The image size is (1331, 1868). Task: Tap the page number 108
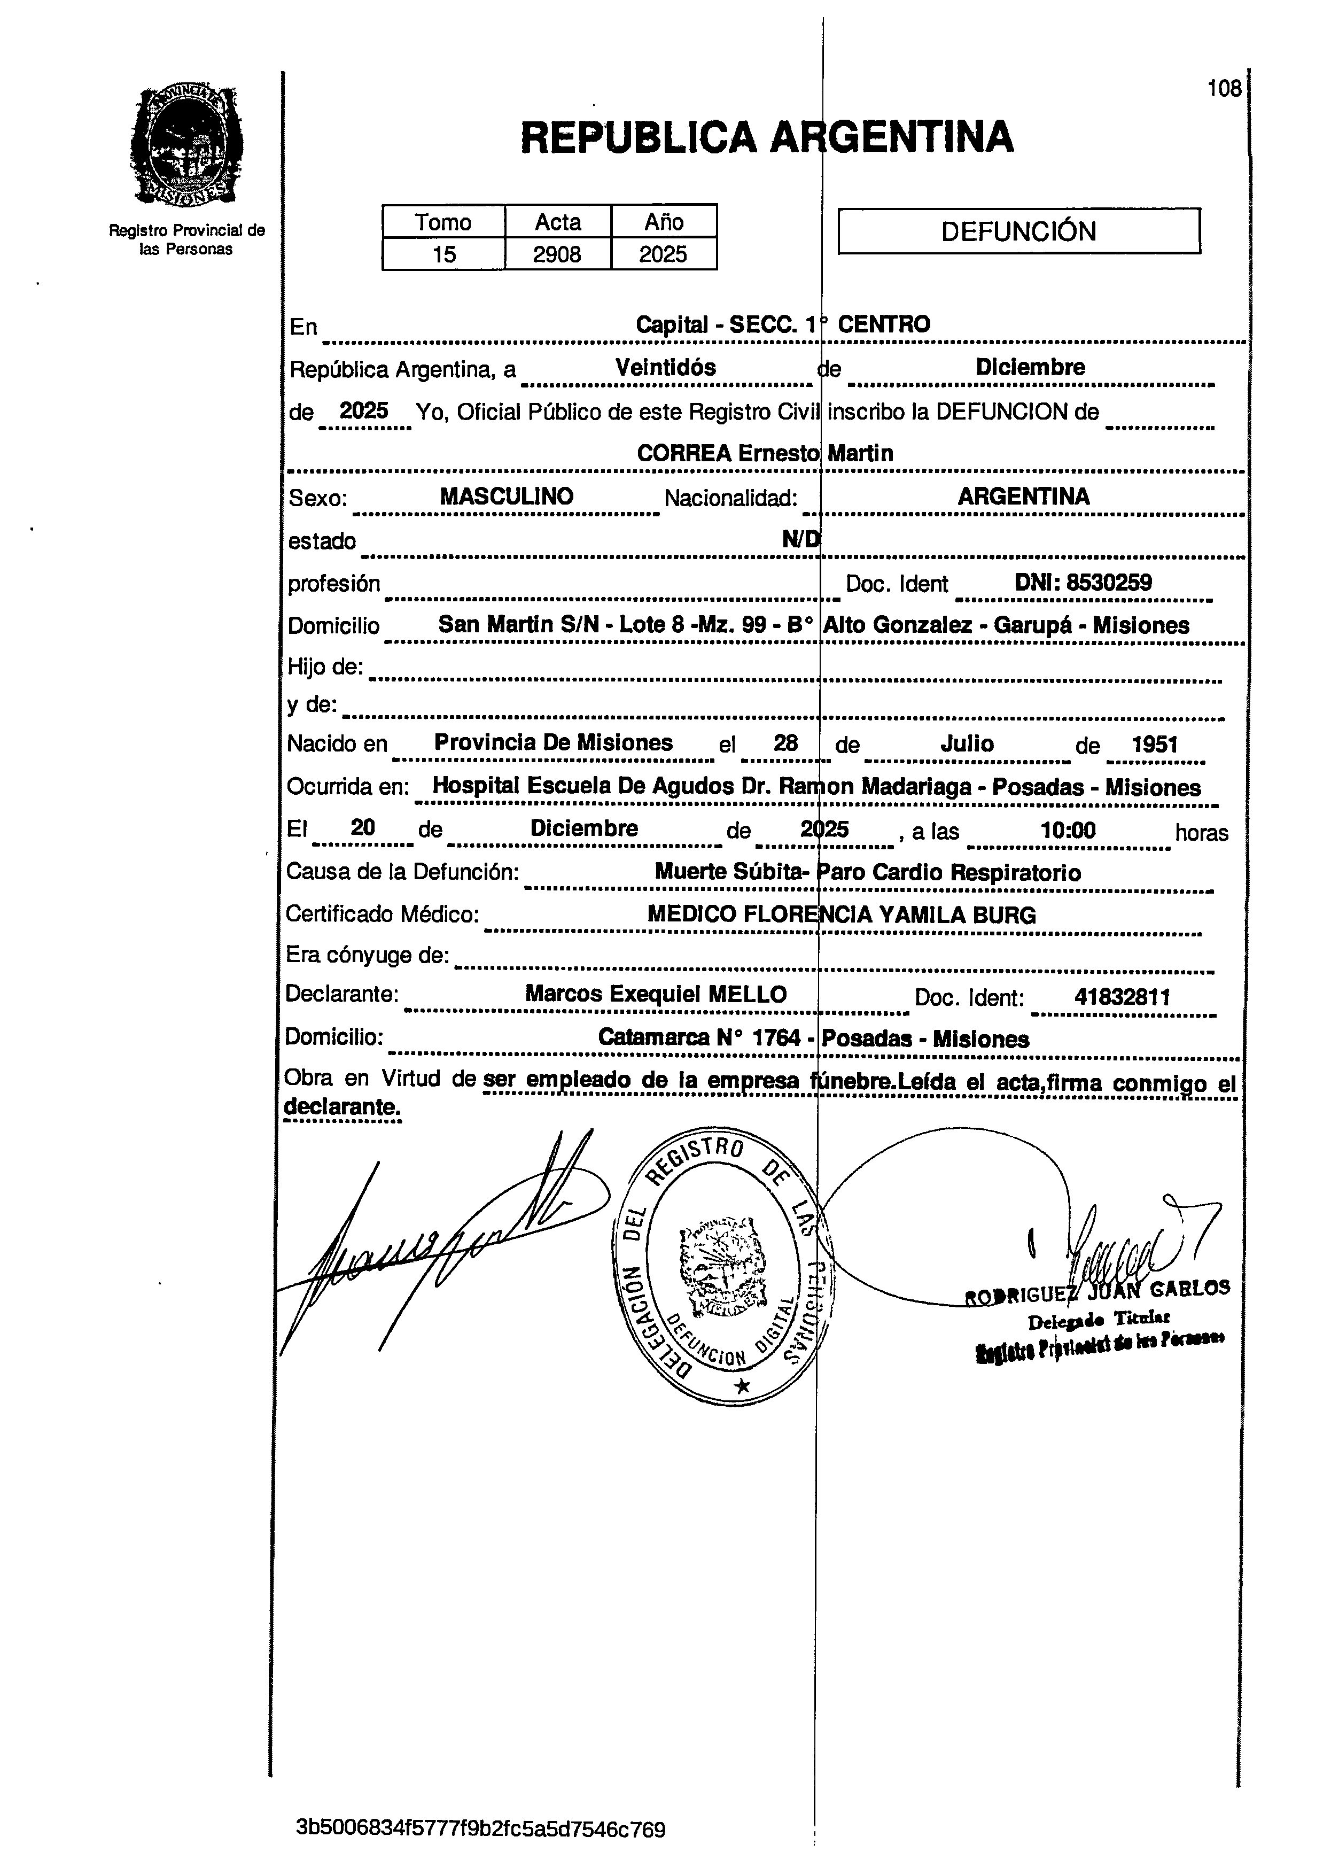point(1225,89)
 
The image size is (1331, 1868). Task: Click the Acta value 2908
point(557,254)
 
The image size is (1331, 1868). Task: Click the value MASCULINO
point(507,496)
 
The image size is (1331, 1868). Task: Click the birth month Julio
point(967,743)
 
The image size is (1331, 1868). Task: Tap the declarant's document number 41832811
point(1122,997)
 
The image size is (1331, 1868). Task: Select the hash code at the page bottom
point(480,1830)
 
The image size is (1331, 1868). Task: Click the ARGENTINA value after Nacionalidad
point(1024,496)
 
